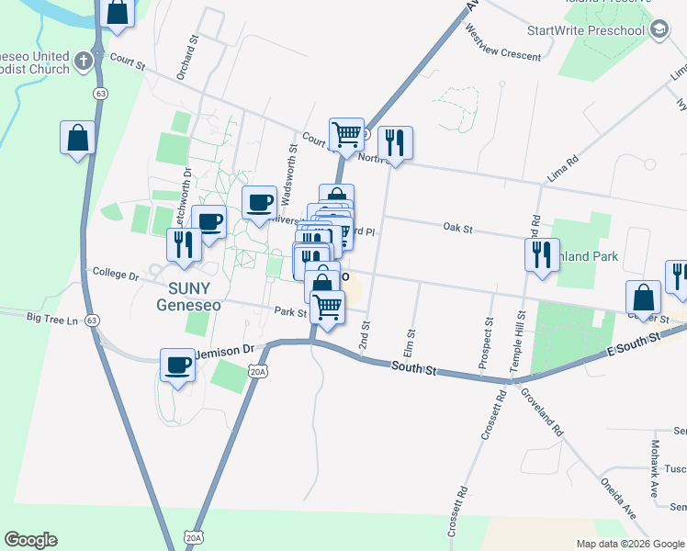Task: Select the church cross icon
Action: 83,61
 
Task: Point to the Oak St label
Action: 456,227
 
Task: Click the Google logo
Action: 30,540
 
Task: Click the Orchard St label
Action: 187,58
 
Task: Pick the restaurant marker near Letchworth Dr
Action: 184,246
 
